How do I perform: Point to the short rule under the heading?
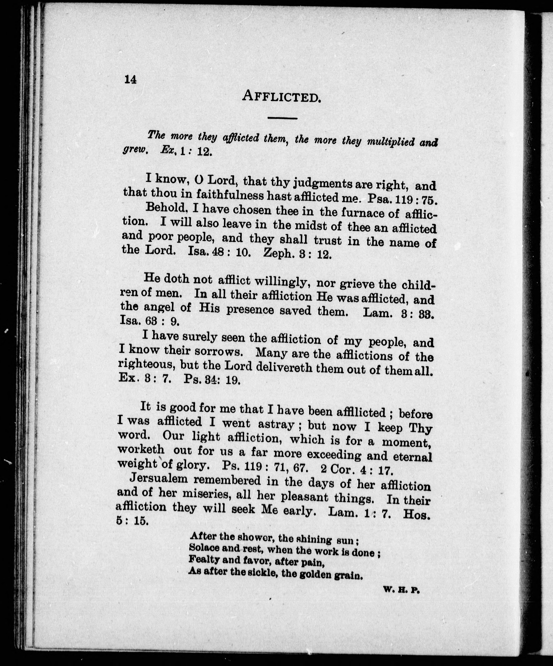(282, 118)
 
